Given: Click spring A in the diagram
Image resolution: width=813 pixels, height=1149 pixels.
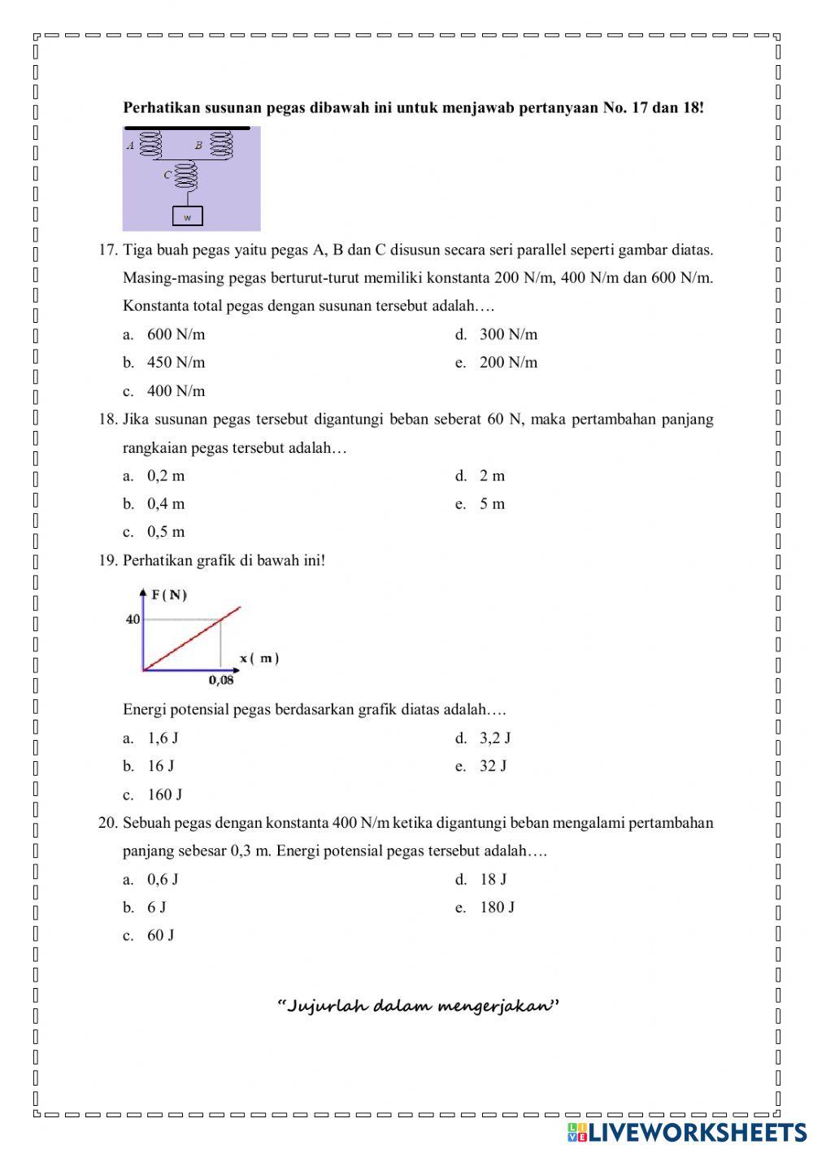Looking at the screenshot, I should (152, 146).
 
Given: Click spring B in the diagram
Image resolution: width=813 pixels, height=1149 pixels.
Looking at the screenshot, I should (221, 146).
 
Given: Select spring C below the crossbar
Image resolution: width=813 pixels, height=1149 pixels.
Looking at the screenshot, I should (188, 174).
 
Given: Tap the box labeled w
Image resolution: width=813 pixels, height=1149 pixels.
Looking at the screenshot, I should (188, 217).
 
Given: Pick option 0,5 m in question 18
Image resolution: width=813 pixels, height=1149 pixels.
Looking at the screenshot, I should (165, 532).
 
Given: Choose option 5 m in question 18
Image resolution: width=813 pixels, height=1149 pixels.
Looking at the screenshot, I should (492, 504).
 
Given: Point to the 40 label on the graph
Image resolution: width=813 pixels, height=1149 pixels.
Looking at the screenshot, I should (133, 620).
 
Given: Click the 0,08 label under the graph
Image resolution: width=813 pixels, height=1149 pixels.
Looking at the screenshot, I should (221, 681).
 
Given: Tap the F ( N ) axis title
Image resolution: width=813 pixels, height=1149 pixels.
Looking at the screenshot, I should (169, 595).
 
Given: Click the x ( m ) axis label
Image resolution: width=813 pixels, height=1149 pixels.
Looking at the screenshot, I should (259, 658).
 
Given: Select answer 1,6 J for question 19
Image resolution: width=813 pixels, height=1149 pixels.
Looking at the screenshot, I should (163, 738).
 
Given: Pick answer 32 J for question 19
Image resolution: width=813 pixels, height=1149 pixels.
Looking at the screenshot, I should (493, 766).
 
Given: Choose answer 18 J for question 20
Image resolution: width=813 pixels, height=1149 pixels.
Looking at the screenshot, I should (493, 879).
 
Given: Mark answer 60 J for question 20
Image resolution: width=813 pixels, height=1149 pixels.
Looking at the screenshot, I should (160, 935).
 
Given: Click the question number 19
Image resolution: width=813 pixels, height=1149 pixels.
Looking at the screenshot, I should (108, 560).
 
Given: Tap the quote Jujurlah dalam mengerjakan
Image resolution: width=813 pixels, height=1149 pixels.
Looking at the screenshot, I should (419, 1007).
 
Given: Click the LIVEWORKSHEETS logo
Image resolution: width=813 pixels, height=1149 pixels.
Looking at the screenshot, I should (687, 1132).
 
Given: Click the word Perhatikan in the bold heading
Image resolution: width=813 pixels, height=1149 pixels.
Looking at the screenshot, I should (159, 107).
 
